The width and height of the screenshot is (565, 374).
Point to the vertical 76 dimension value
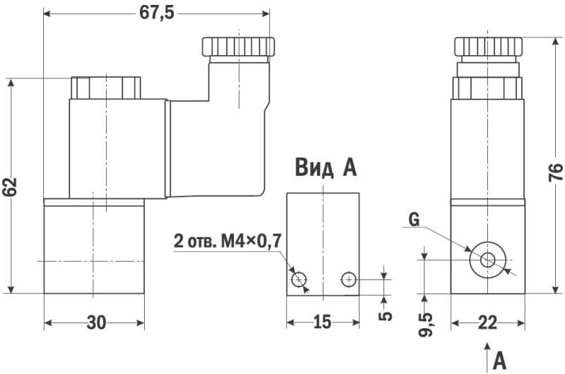point(555,172)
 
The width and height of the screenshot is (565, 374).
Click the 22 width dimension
point(487,323)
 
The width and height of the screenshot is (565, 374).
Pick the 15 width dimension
point(321,323)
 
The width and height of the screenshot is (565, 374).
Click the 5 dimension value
point(385,315)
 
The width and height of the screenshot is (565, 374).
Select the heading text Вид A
point(326,168)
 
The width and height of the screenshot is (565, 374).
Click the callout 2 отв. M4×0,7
point(227,241)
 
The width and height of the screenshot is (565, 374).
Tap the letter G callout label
point(414,220)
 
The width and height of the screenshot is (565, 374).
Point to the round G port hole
point(487,260)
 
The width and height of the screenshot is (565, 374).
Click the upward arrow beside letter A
point(487,356)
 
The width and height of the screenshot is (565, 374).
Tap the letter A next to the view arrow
point(500,360)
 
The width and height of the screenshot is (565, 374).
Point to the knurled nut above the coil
point(106,88)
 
